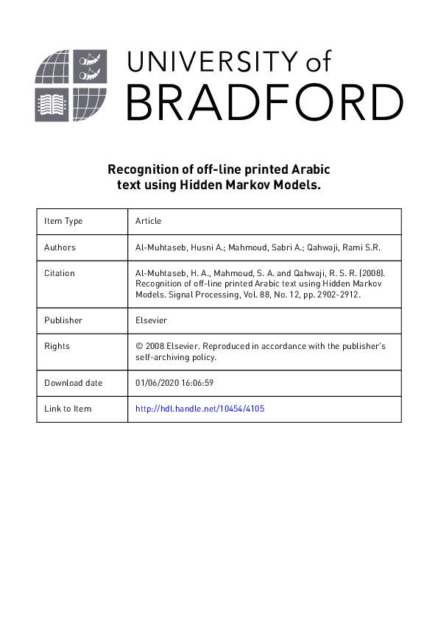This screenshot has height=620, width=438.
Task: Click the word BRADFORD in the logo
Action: click(x=264, y=102)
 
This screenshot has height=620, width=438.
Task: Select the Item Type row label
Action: click(x=63, y=221)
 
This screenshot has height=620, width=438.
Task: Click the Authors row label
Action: click(x=60, y=247)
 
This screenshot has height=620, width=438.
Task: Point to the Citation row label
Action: click(x=60, y=273)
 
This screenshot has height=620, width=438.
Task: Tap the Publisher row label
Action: click(x=63, y=320)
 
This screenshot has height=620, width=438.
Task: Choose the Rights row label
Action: click(x=57, y=346)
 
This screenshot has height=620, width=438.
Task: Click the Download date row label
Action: click(x=74, y=383)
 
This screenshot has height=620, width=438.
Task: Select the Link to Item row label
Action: click(x=68, y=409)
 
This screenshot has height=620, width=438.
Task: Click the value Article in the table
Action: click(x=148, y=221)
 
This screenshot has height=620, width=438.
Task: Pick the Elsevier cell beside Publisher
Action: click(x=152, y=320)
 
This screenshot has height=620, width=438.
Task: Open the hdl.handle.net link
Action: click(x=199, y=409)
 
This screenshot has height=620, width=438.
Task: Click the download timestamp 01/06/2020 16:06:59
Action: click(x=174, y=383)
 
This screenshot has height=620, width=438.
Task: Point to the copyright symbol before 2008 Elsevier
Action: click(x=139, y=346)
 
